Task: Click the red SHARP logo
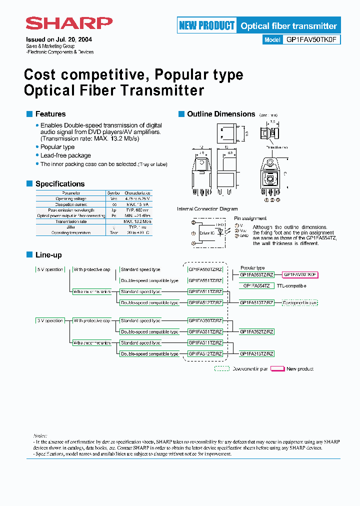(x=69, y=24)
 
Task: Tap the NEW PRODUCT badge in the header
(x=206, y=25)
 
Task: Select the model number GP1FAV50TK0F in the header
(x=311, y=40)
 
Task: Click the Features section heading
(x=50, y=114)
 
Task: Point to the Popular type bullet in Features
(x=57, y=147)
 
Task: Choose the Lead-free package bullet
(x=65, y=155)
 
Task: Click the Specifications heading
(x=59, y=184)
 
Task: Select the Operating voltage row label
(x=70, y=198)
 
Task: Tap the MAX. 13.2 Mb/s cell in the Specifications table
(x=137, y=221)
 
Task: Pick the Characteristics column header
(x=137, y=193)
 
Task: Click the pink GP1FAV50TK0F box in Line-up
(x=300, y=274)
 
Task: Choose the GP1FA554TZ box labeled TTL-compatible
(x=256, y=285)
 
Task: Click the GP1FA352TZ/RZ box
(x=256, y=331)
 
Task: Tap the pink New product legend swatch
(x=277, y=369)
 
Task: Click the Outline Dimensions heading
(x=221, y=114)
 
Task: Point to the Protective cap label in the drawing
(x=276, y=147)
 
